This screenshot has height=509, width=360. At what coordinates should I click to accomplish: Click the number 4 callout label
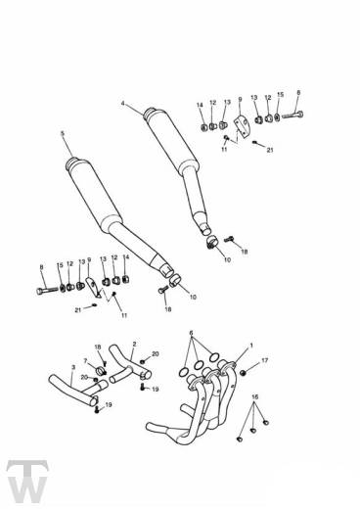123,103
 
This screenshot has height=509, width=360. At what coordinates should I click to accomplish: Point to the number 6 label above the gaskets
192,333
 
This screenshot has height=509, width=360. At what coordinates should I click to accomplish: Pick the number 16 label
255,396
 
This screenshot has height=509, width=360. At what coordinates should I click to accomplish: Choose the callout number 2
133,345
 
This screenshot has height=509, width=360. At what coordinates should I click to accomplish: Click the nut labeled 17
245,371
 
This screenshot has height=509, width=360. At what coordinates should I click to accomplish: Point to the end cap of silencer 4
153,113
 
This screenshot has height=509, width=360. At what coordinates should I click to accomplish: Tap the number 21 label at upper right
270,152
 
